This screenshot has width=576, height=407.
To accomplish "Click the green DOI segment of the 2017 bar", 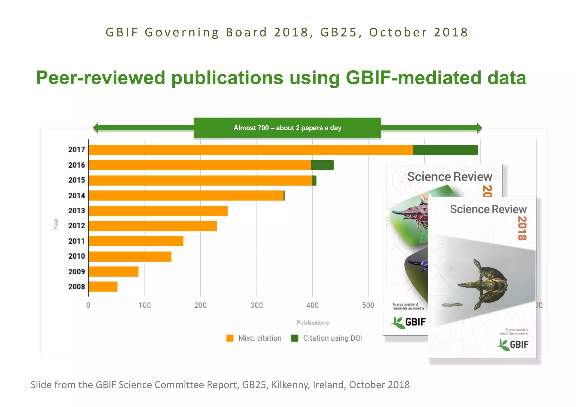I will coord(445,150).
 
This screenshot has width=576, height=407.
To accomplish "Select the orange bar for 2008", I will coord(103,287).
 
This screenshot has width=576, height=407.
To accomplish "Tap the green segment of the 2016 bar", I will coord(322,165).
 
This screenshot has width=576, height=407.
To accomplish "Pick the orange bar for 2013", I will coord(158,211).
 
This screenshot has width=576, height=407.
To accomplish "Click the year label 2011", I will coord(76,241).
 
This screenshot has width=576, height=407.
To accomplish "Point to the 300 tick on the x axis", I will coord(256,305).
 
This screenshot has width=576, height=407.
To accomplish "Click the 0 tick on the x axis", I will coord(88,305).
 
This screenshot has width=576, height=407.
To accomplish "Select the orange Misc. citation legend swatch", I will coord(230,338).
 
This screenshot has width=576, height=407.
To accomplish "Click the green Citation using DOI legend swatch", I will coord(294,338).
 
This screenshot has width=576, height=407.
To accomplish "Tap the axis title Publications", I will coord(313,323).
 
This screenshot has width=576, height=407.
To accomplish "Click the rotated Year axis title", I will coord(56,224).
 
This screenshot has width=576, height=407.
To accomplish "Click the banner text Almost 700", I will coord(251,128).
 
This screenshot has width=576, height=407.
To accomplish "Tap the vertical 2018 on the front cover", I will coord(522,228).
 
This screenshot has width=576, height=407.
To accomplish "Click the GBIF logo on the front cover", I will coord(512,345).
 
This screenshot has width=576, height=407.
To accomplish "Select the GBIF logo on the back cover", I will coord(408,322).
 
